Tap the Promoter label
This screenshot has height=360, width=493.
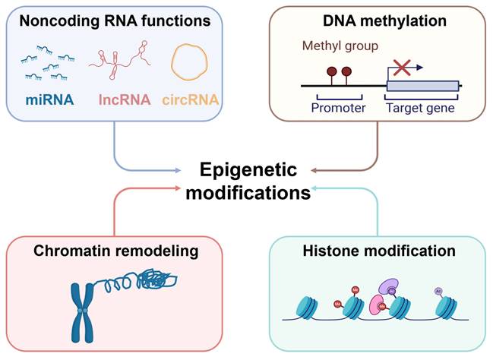click(338, 109)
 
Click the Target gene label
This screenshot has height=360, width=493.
click(421, 109)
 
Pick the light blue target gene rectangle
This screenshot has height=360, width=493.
click(422, 87)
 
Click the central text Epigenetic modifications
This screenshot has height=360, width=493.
click(248, 180)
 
